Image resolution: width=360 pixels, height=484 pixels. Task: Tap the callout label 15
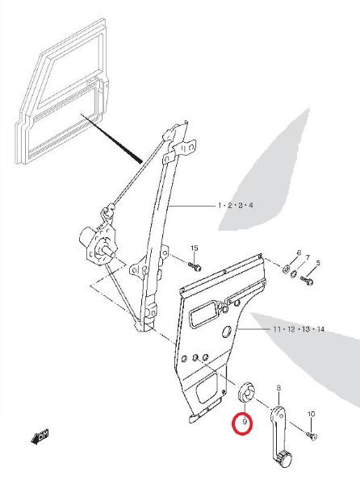tap(194, 248)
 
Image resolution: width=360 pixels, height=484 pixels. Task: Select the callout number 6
tap(299, 252)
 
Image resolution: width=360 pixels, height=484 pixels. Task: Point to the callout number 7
tap(308, 257)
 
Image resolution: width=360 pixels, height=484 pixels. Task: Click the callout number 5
tap(318, 263)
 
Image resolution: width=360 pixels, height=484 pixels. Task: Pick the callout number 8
tap(278, 388)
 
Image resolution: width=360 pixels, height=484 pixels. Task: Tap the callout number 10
tap(311, 414)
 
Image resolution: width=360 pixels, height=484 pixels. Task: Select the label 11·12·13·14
tap(299, 329)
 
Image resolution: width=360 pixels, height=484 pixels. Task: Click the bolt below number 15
tap(195, 265)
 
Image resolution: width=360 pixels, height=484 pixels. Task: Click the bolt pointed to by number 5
tap(307, 280)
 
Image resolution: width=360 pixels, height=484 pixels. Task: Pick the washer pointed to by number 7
tap(295, 273)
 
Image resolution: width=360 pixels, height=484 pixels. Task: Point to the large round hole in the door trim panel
tap(228, 331)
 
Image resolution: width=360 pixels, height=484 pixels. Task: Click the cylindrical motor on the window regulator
tap(88, 237)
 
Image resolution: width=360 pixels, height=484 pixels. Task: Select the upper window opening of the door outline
tap(71, 69)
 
